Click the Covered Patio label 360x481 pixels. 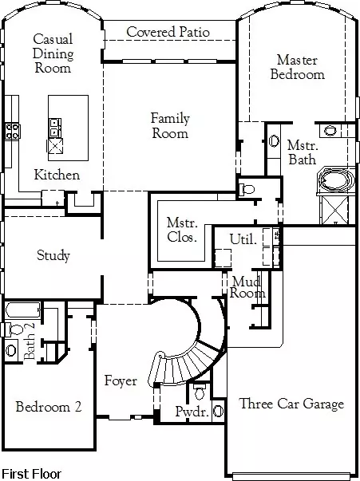pyautogui.click(x=168, y=32)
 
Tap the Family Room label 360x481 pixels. pyautogui.click(x=170, y=126)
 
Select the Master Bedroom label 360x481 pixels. pyautogui.click(x=297, y=67)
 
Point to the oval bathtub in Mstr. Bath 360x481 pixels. pyautogui.click(x=336, y=179)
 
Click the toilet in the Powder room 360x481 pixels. pyautogui.click(x=200, y=391)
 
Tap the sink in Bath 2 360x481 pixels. pyautogui.click(x=11, y=350)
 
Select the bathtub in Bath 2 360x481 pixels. pyautogui.click(x=23, y=310)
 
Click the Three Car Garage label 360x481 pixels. pyautogui.click(x=291, y=404)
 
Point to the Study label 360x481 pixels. pyautogui.click(x=53, y=255)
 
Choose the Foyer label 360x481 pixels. pyautogui.click(x=121, y=380)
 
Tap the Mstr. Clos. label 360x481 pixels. pyautogui.click(x=182, y=230)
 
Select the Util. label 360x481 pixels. pyautogui.click(x=243, y=239)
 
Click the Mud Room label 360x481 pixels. pyautogui.click(x=247, y=287)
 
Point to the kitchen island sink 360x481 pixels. pyautogui.click(x=55, y=128)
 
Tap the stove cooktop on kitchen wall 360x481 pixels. pyautogui.click(x=13, y=132)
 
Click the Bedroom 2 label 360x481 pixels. pyautogui.click(x=49, y=407)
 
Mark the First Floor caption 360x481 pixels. pyautogui.click(x=32, y=474)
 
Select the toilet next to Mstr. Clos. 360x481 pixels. pyautogui.click(x=247, y=189)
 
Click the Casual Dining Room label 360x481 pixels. pyautogui.click(x=53, y=53)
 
